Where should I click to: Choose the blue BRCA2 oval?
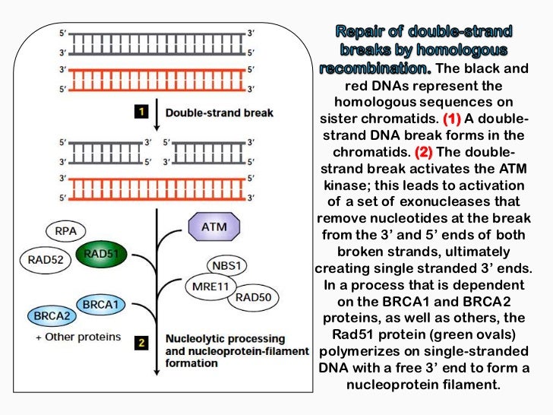coord(49,314)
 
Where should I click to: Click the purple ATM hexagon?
coord(213,226)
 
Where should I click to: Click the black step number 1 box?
coord(141,112)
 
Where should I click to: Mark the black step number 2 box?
coord(141,343)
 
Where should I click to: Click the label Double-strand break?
coord(219,113)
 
